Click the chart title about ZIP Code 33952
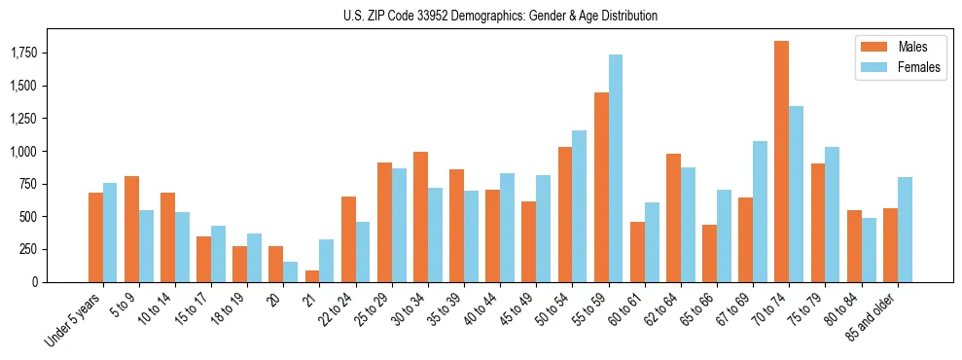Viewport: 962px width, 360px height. coord(500,16)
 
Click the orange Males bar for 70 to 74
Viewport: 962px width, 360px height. coord(781,162)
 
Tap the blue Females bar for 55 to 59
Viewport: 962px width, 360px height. coord(616,168)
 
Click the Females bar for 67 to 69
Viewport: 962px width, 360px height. coord(760,211)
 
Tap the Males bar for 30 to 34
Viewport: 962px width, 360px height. coord(420,217)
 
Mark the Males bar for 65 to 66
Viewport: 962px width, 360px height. coord(709,253)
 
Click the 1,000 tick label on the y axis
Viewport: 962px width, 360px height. coord(23,152)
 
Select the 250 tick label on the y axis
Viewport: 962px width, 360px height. coord(27,250)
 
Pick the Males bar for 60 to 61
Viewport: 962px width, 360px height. coord(637,252)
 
